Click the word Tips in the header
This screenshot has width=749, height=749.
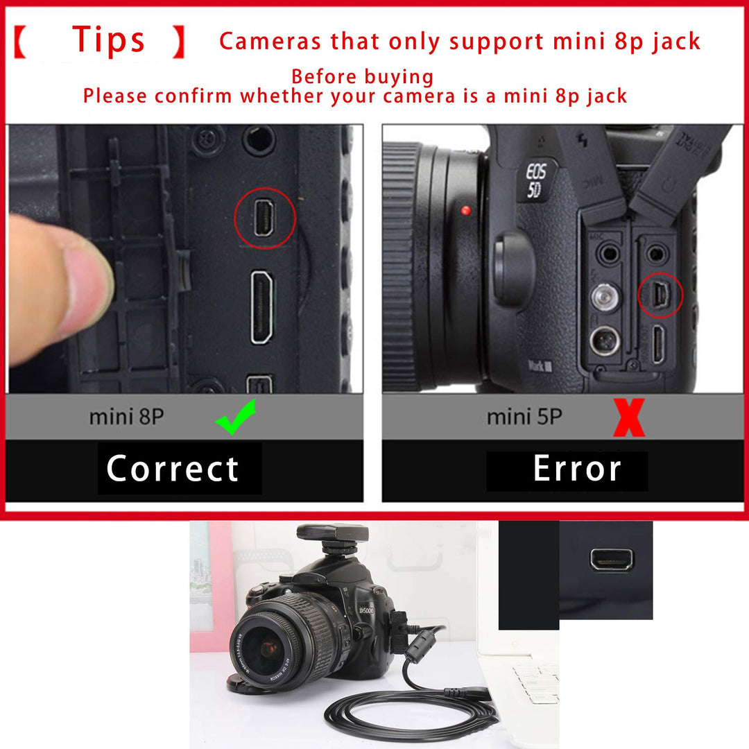coord(109,40)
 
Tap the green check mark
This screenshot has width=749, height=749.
coord(235,417)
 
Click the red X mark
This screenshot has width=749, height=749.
coord(628,417)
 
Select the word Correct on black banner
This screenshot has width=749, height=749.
coord(173,469)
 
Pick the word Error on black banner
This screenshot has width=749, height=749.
coord(576,470)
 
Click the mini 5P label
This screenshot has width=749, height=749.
coord(524,417)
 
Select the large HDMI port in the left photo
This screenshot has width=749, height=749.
coord(261,307)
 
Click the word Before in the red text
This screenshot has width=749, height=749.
coord(325,77)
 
